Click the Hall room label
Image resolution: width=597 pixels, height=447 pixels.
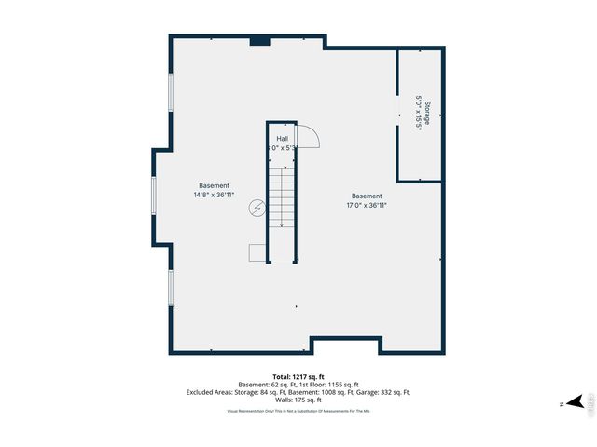tap(282, 139)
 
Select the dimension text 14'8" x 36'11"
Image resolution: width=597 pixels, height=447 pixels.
tap(214, 196)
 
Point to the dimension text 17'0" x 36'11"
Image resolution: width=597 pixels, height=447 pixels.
tap(367, 205)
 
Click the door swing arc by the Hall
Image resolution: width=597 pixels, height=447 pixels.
tap(312, 137)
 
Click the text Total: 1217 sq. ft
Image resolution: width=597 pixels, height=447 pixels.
tap(298, 376)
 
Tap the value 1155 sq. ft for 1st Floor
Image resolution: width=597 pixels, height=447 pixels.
tap(339, 385)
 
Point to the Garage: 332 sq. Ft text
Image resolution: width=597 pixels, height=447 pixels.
tap(381, 392)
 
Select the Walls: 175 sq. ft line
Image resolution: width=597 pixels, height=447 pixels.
tap(298, 400)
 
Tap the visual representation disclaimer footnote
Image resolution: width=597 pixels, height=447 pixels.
tap(298, 410)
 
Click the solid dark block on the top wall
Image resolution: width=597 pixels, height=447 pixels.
tap(260, 41)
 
